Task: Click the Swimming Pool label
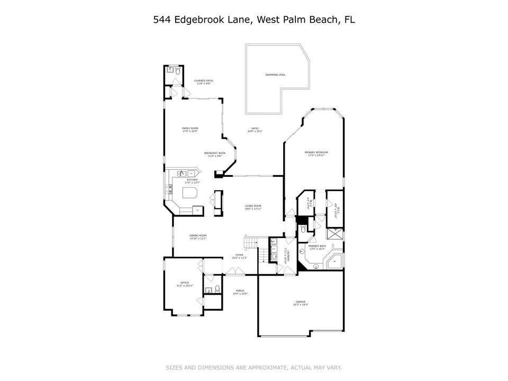pyautogui.click(x=275, y=75)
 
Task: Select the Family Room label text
pyautogui.click(x=190, y=129)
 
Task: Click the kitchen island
pyautogui.click(x=190, y=192)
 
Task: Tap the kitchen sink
pyautogui.click(x=182, y=173)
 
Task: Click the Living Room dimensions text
pyautogui.click(x=253, y=209)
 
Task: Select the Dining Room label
pyautogui.click(x=198, y=235)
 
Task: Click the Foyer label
pyautogui.click(x=239, y=255)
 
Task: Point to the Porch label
pyautogui.click(x=240, y=291)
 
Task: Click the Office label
pyautogui.click(x=185, y=283)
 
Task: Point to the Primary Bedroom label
pyautogui.click(x=313, y=152)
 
